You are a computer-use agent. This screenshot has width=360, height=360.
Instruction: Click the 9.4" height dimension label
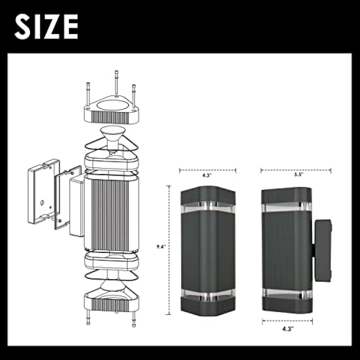(x=160, y=247)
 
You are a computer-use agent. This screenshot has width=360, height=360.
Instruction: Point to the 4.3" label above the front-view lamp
(x=207, y=175)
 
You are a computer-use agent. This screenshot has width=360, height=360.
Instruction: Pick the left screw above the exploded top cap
(x=88, y=93)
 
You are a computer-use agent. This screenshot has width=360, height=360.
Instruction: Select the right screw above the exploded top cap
(x=133, y=95)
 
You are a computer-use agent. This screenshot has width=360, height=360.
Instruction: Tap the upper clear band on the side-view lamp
(x=286, y=207)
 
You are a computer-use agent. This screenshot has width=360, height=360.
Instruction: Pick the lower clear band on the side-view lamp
(x=286, y=293)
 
